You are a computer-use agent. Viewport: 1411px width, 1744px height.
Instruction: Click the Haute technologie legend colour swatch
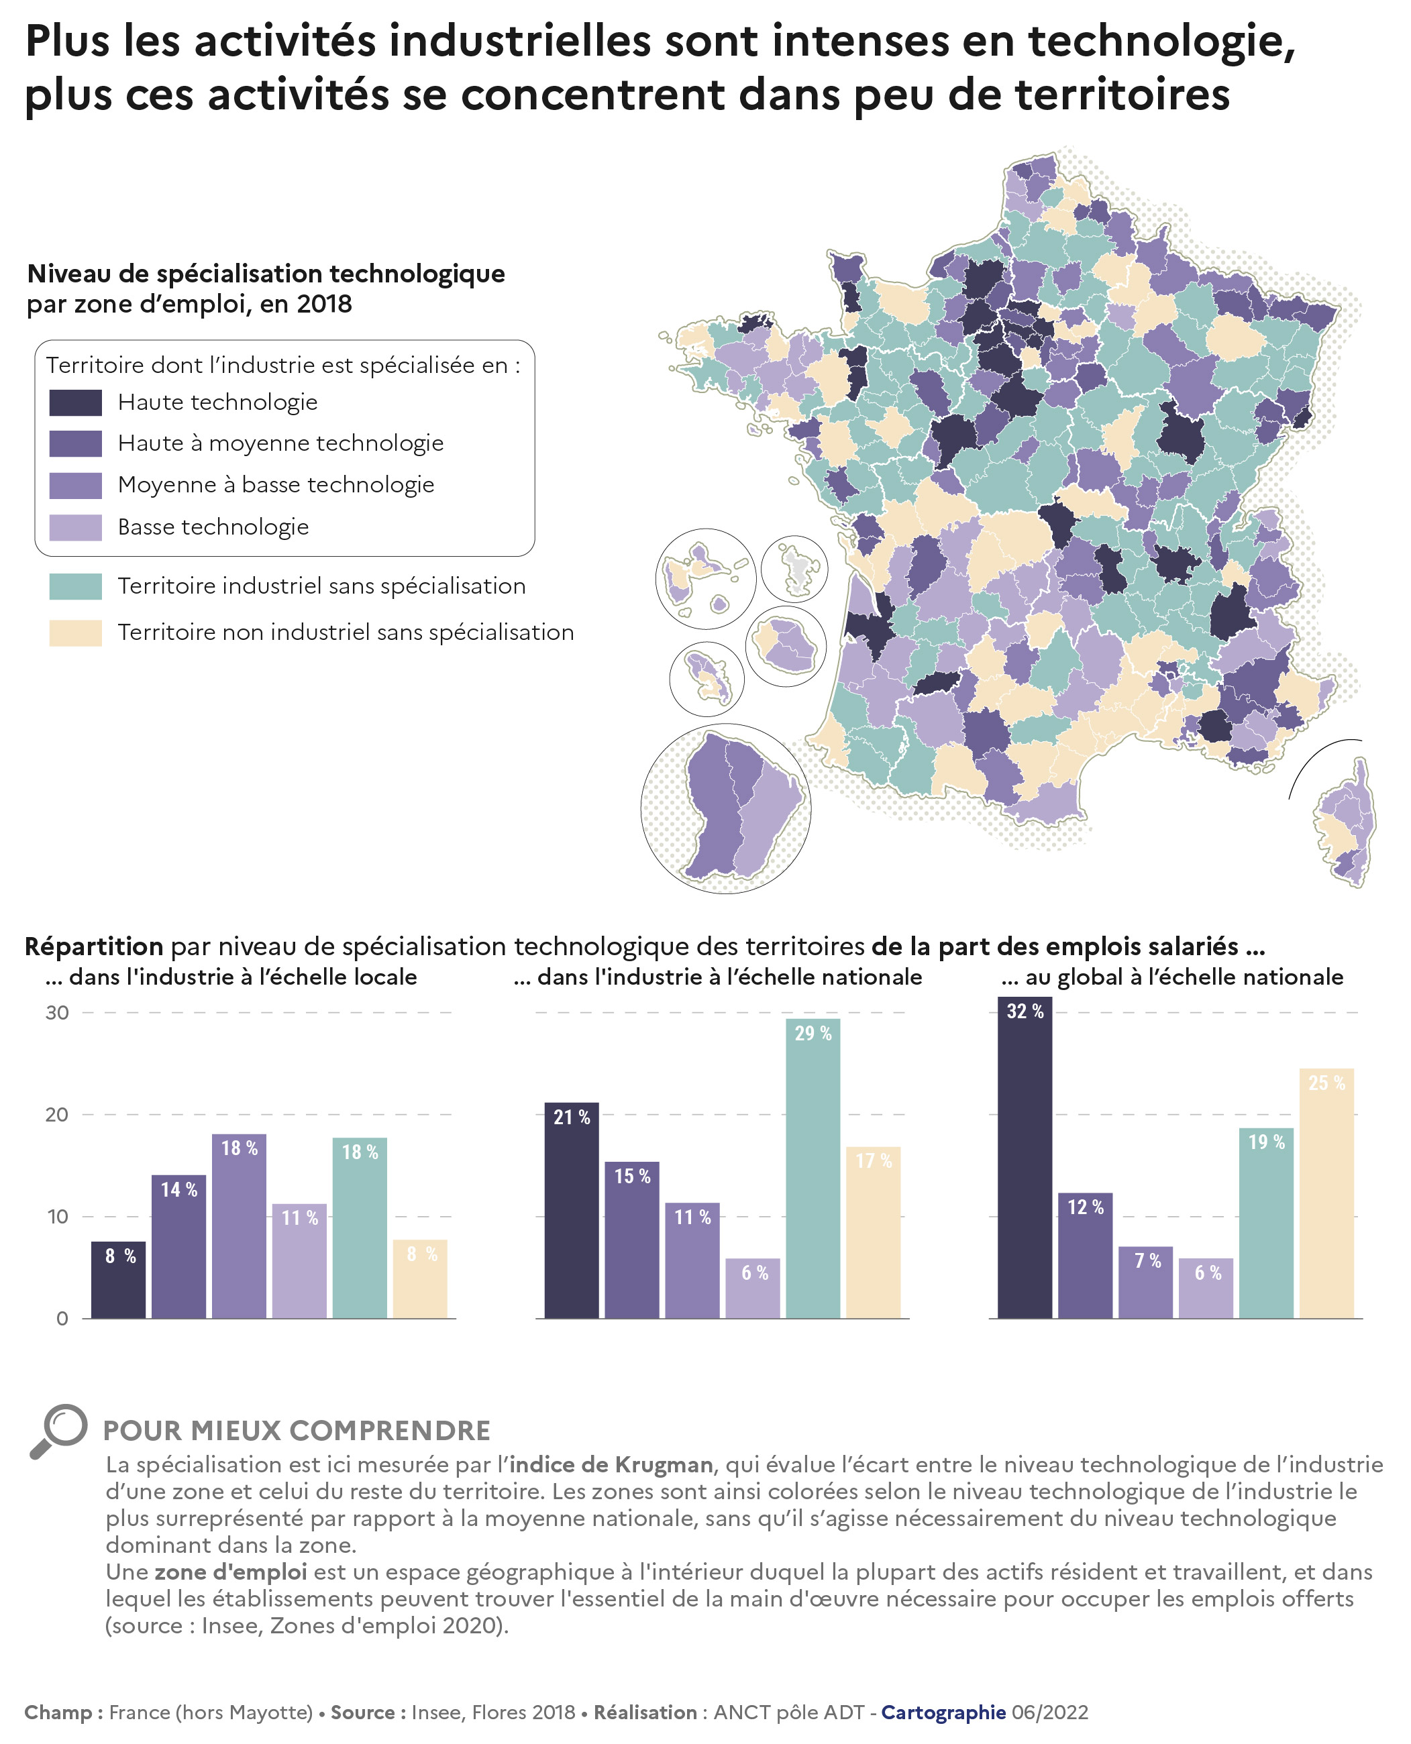pos(76,402)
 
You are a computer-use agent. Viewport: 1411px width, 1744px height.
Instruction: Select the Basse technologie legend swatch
pos(76,527)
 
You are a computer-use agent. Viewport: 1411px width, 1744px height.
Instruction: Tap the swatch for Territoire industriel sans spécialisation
pos(76,586)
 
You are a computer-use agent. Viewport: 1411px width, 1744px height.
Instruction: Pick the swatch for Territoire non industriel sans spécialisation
pos(76,633)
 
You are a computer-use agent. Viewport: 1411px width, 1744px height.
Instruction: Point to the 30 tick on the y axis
pos(57,1013)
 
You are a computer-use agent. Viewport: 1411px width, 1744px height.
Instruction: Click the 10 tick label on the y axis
pos(57,1217)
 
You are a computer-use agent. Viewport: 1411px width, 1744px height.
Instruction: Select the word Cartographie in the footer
pos(943,1712)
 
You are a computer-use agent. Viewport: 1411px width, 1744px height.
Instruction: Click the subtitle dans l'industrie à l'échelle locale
pos(231,977)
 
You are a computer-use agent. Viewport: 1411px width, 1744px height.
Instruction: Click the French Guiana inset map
pos(726,808)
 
